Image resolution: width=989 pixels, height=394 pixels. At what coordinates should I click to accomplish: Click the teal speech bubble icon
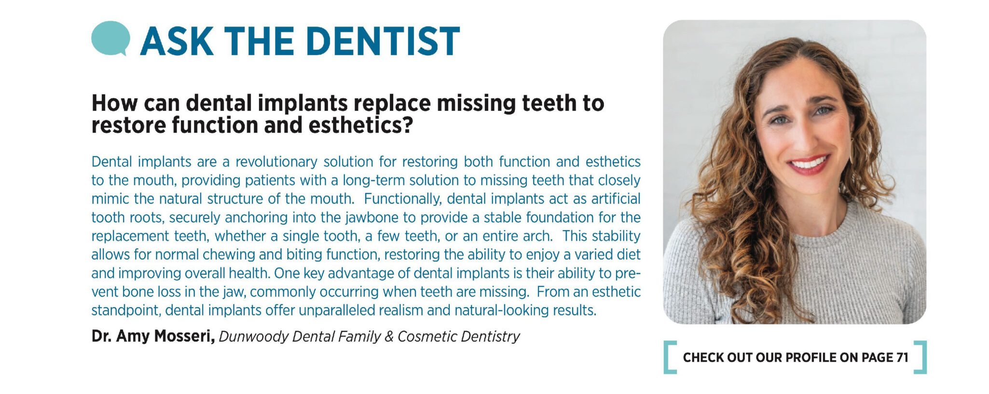(110, 38)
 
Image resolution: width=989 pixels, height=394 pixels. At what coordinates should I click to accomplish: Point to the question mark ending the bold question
(408, 125)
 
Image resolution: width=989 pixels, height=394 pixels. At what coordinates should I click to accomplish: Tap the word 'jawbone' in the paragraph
(374, 217)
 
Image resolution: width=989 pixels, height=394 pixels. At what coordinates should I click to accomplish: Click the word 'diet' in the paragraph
(628, 254)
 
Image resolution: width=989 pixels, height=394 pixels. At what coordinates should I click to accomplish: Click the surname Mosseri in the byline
(184, 336)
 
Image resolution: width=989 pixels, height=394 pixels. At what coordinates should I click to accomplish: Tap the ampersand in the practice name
(389, 337)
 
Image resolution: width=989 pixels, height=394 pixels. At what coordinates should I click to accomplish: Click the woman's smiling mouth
(809, 164)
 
